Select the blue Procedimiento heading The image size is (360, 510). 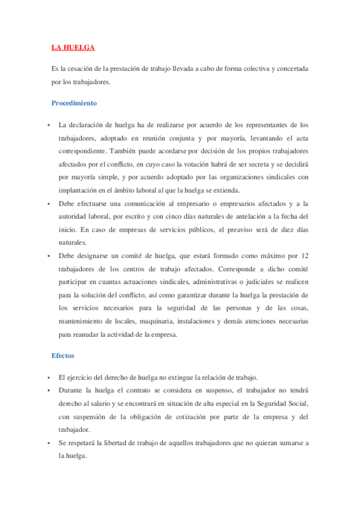(x=74, y=103)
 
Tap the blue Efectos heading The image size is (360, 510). (x=63, y=356)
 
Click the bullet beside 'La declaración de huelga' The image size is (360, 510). (x=49, y=125)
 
